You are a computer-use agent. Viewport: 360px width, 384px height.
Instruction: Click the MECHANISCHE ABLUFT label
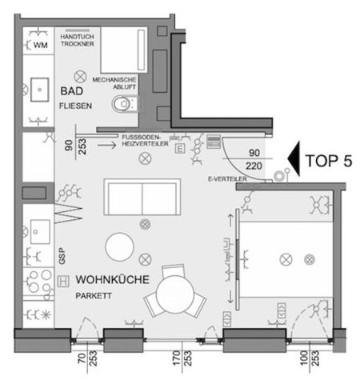(x=114, y=82)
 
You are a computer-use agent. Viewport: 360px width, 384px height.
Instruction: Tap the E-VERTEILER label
(x=226, y=179)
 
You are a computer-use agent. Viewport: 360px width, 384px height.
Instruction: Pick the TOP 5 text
(x=328, y=159)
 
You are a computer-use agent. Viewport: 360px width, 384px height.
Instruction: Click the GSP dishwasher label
(x=60, y=254)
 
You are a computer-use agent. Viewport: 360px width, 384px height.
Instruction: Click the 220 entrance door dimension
(x=254, y=166)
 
